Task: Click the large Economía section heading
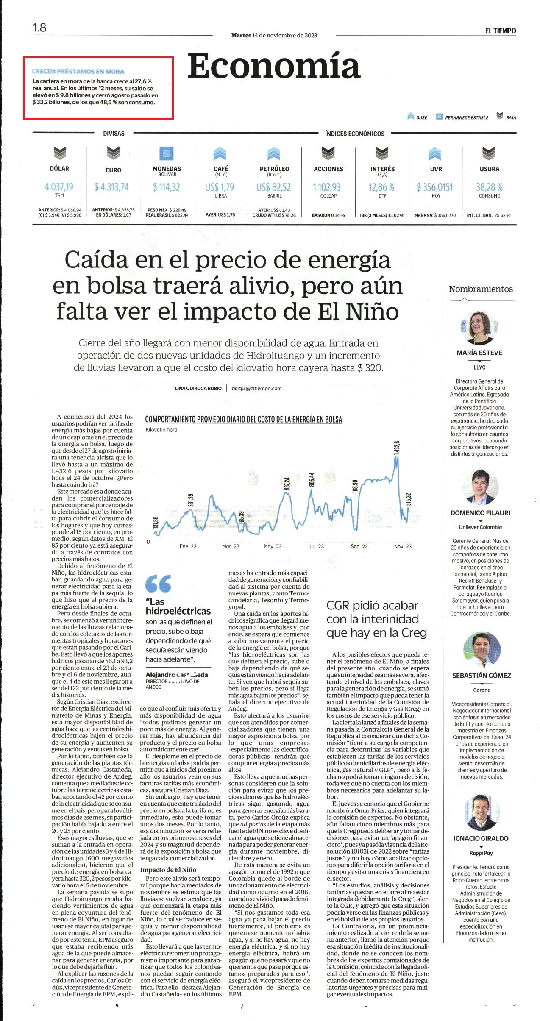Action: click(274, 66)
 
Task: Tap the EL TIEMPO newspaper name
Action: click(501, 31)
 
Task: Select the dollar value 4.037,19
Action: click(59, 186)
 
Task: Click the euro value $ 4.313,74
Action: click(112, 186)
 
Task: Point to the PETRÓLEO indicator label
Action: click(274, 169)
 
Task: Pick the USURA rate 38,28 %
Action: click(489, 187)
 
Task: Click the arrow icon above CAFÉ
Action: click(221, 153)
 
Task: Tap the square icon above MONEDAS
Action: click(167, 153)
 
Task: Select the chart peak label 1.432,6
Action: click(397, 448)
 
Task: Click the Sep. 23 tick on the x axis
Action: click(359, 546)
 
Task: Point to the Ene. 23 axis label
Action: click(188, 546)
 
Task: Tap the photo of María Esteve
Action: click(479, 328)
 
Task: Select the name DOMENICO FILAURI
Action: click(480, 512)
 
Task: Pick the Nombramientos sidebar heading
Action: click(481, 289)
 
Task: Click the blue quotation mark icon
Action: click(158, 583)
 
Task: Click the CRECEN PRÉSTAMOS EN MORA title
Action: click(78, 72)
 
